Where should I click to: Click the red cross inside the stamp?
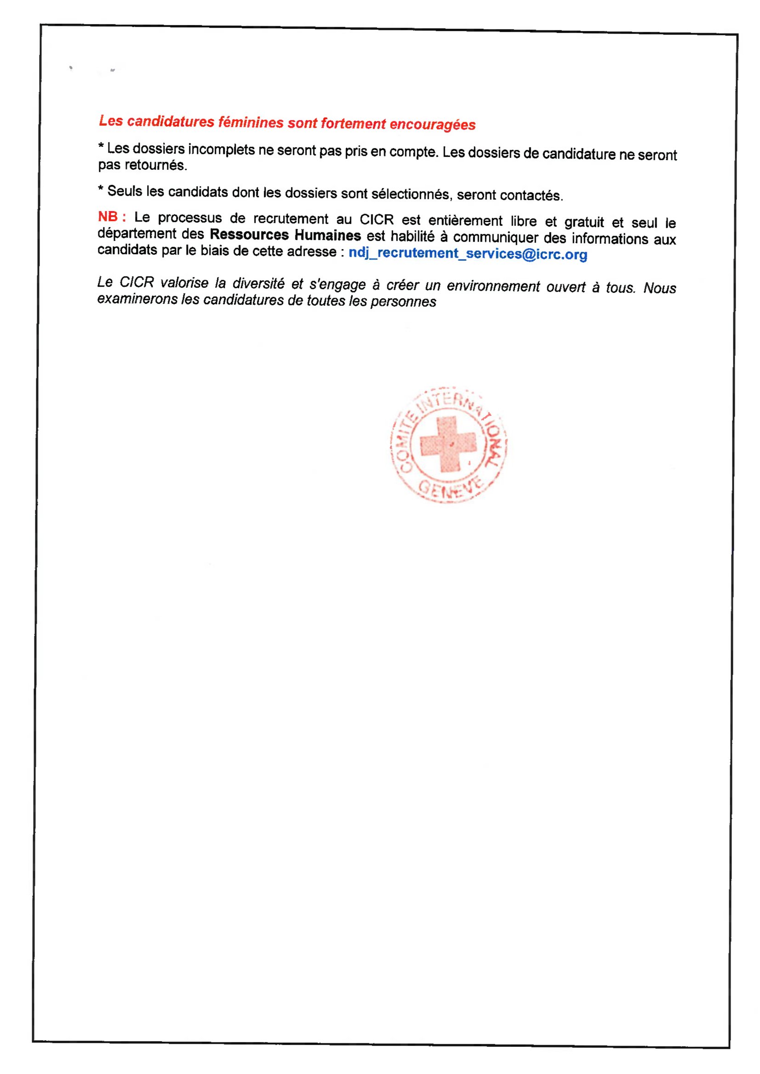tap(448, 444)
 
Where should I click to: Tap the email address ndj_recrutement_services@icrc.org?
tap(467, 253)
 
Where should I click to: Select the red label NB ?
tap(112, 217)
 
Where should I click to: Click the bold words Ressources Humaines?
tap(285, 234)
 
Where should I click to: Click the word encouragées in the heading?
tap(432, 124)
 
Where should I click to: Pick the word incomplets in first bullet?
tap(222, 150)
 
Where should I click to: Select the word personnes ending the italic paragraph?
tap(403, 302)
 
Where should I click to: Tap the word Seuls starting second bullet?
tap(125, 191)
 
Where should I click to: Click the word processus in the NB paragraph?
tap(189, 218)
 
